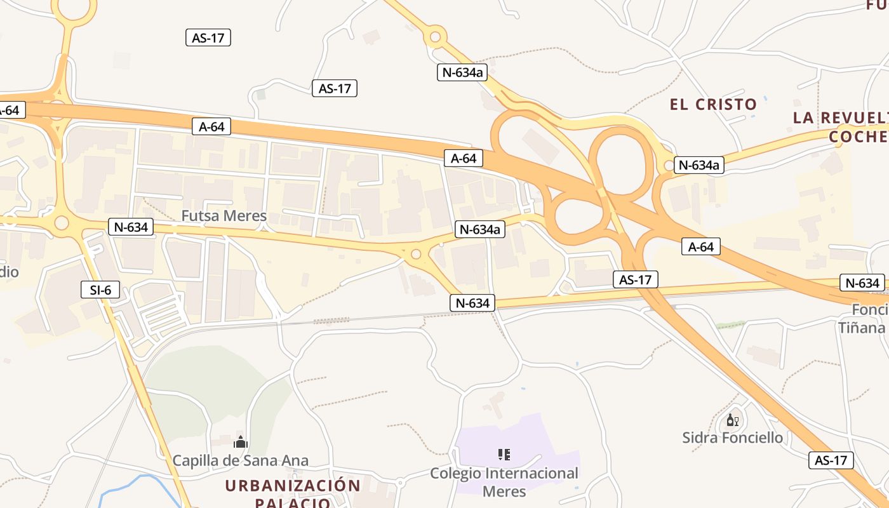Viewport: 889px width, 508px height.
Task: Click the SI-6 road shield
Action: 100,290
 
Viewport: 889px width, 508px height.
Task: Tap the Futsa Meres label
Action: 224,216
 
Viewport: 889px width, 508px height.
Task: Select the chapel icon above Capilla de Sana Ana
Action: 241,442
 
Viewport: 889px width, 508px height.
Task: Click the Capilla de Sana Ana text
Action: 241,460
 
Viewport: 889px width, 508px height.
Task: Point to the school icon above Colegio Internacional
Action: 504,455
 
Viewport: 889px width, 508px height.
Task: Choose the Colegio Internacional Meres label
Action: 504,482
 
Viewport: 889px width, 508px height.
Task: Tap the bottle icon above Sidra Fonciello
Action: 732,420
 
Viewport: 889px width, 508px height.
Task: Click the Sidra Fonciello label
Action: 732,438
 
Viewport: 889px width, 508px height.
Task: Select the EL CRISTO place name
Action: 713,105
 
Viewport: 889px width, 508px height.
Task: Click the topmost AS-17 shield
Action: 208,37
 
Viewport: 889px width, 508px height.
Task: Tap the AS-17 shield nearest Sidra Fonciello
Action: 831,460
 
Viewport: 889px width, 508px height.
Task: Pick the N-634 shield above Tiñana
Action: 862,283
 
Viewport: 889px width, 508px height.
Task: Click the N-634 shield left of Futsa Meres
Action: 131,227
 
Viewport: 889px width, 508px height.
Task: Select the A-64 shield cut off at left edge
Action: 10,110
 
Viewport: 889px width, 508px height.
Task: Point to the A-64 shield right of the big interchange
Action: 701,247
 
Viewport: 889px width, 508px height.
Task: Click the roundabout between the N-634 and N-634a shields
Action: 416,255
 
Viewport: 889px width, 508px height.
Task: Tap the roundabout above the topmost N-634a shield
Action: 435,37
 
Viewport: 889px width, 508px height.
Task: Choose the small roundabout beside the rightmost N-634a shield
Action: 668,166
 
